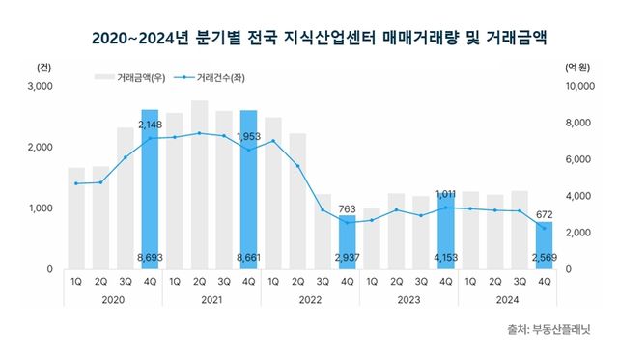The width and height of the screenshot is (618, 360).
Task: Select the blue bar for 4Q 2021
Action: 248,193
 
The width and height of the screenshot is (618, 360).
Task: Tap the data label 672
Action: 545,213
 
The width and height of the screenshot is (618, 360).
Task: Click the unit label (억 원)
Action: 576,68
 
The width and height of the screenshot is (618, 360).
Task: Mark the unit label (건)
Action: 42,68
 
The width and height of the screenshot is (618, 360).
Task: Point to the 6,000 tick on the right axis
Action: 576,159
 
